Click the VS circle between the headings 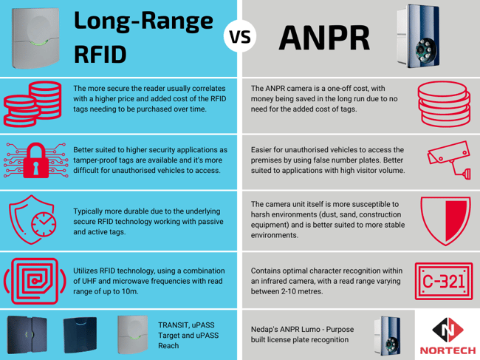[239, 38]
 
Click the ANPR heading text [325, 38]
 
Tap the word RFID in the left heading [99, 54]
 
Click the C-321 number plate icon [440, 282]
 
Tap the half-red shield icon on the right [441, 220]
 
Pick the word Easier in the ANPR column [264, 149]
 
